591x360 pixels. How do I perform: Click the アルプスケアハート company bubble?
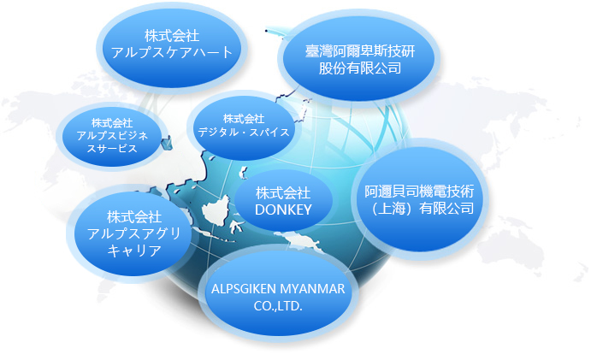point(172,48)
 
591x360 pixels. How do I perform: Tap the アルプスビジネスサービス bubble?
point(112,136)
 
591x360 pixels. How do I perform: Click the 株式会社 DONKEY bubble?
point(283,201)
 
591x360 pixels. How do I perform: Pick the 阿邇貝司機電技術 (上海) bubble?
point(419,199)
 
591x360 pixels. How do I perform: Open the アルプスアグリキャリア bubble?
point(134,233)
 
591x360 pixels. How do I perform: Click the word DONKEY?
point(283,210)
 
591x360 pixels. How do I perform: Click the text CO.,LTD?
point(278,306)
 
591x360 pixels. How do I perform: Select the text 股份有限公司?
point(360,68)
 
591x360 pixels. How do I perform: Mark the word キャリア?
point(134,251)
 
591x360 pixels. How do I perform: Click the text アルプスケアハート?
point(172,53)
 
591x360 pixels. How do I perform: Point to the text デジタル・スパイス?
point(244,132)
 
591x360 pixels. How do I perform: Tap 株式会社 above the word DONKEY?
point(283,193)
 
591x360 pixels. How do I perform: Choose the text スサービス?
point(112,149)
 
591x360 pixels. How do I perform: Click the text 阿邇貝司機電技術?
point(419,192)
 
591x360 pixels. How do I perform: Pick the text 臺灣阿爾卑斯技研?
point(360,51)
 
